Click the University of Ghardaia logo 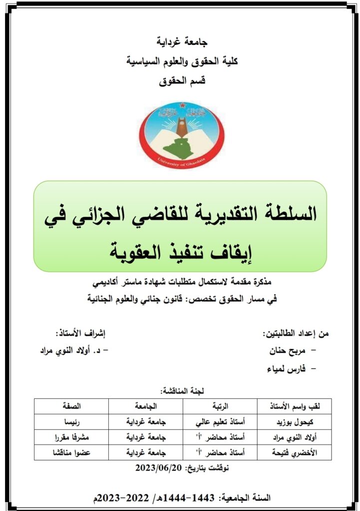(181, 132)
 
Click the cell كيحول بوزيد (292, 422)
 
